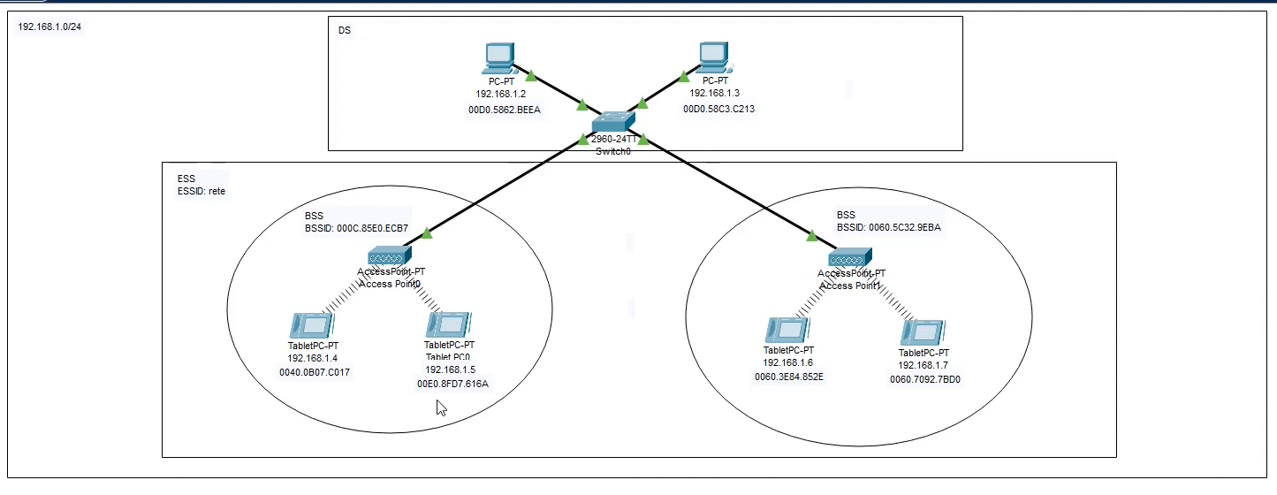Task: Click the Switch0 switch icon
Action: pos(612,123)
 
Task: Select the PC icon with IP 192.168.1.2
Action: pos(499,58)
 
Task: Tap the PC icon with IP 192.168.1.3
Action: pos(712,57)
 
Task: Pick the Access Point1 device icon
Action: pos(849,258)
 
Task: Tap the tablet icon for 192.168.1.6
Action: pos(787,331)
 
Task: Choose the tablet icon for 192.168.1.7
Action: pos(923,333)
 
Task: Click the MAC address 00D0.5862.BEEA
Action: pos(504,110)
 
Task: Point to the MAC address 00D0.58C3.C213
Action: pos(718,109)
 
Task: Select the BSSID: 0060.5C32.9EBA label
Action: pos(889,227)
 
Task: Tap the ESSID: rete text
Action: pos(201,191)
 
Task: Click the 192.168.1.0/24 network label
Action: pos(49,27)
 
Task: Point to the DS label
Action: pos(345,31)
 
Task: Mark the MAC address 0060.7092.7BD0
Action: pos(925,379)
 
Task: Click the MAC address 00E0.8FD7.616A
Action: pos(452,384)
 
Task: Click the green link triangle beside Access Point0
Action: pos(427,234)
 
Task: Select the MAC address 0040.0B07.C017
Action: pos(315,372)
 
